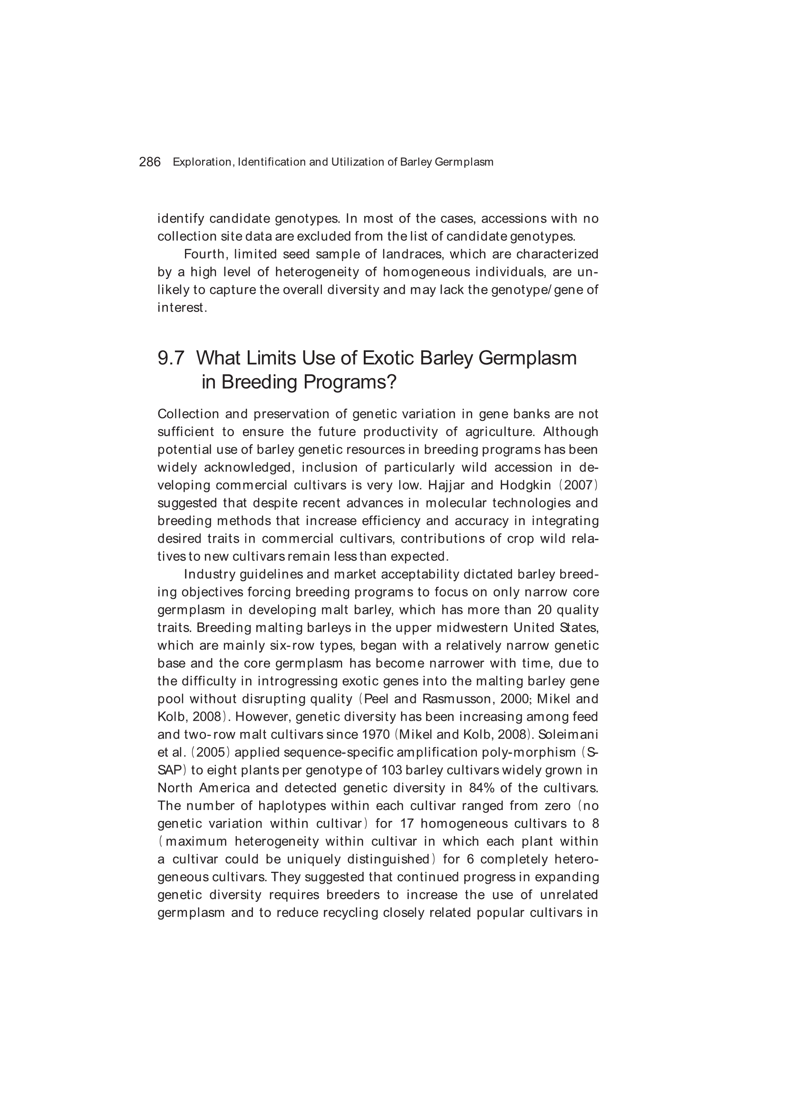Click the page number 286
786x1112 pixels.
150,162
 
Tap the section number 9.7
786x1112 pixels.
171,359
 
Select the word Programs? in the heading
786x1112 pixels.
349,382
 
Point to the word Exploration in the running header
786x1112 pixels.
203,162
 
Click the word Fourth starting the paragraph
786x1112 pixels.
204,254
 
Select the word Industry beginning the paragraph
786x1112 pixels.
209,575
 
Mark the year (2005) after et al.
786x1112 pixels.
210,752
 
